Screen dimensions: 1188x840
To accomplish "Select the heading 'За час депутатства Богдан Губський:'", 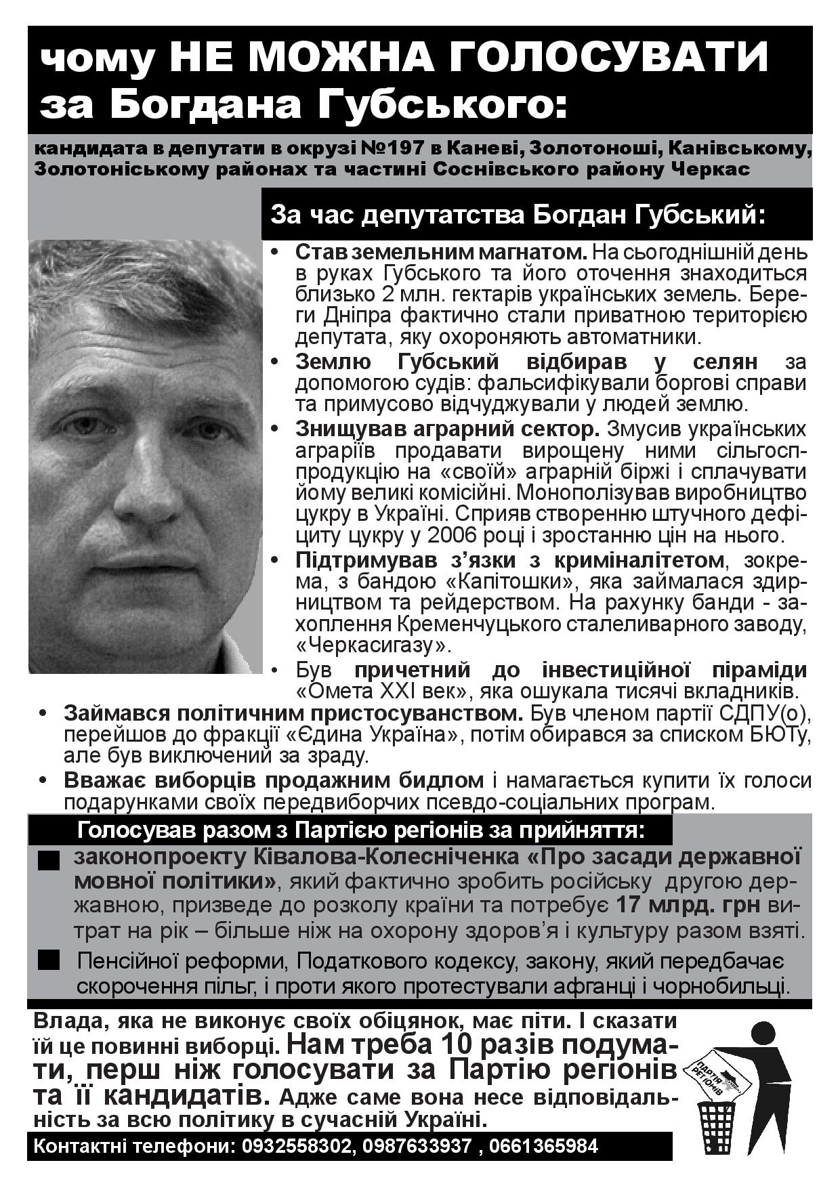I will tap(518, 215).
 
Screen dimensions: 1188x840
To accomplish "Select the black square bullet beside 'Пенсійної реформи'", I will tap(48, 960).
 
